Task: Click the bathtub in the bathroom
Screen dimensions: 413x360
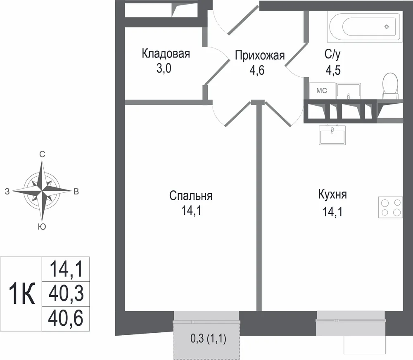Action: coord(365,26)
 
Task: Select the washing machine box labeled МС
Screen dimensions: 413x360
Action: coord(322,91)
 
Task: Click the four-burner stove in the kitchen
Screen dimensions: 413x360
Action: coord(390,207)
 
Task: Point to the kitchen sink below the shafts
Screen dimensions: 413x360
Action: coord(332,135)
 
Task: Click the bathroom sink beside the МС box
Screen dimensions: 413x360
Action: coord(349,91)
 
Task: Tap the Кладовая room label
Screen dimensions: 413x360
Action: coord(166,53)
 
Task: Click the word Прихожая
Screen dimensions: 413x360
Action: coord(260,56)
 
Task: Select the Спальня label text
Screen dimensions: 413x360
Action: coord(191,196)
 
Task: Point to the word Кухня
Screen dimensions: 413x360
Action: coord(332,194)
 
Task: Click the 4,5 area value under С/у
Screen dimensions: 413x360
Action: coord(333,71)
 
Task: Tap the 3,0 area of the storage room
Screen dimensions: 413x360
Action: coord(164,69)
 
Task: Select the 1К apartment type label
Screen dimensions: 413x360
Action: coord(22,294)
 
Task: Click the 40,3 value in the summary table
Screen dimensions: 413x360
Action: coord(66,294)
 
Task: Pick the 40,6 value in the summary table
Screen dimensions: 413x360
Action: coord(66,318)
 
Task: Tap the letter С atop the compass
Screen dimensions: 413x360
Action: coord(42,154)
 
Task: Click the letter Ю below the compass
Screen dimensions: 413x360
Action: coord(42,227)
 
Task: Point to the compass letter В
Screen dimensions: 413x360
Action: coord(76,192)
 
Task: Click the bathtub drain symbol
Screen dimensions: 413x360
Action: coord(387,26)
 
